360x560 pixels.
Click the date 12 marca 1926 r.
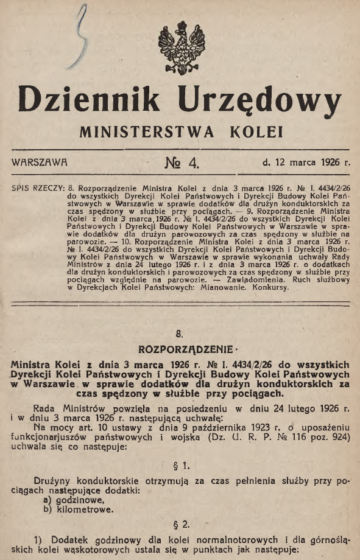pyautogui.click(x=306, y=163)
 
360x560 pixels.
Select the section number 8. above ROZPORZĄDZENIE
pyautogui.click(x=179, y=334)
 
